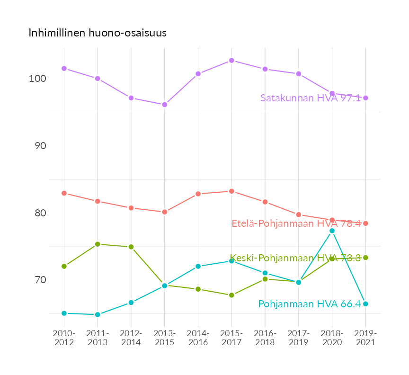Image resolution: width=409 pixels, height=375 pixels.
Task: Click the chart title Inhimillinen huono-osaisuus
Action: click(98, 33)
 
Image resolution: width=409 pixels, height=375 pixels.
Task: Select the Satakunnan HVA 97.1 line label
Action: click(311, 98)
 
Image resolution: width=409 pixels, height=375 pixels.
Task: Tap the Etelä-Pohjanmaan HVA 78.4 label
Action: click(296, 223)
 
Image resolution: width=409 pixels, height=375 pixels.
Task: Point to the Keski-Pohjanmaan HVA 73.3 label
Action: click(295, 258)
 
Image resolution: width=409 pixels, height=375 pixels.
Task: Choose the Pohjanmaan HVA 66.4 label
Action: click(310, 304)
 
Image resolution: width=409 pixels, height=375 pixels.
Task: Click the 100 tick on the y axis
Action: click(37, 79)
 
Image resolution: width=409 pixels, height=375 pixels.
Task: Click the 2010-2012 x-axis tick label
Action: click(64, 338)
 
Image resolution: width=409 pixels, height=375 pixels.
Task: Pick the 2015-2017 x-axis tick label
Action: click(231, 338)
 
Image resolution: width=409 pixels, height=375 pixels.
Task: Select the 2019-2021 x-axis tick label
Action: click(365, 338)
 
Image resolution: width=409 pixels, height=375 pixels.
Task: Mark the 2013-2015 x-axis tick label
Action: click(164, 338)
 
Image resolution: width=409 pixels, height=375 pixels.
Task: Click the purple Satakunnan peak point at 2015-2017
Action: click(231, 61)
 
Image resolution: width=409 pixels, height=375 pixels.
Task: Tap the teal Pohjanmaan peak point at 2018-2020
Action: click(332, 231)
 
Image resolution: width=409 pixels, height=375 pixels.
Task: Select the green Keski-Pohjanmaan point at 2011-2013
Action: click(98, 244)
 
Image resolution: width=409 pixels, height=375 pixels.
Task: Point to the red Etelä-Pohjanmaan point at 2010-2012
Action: click(64, 193)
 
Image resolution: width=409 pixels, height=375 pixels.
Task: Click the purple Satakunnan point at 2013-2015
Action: click(164, 105)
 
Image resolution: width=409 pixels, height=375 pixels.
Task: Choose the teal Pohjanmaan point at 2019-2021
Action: click(365, 304)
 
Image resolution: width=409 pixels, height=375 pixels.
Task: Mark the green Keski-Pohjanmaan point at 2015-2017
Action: click(231, 295)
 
